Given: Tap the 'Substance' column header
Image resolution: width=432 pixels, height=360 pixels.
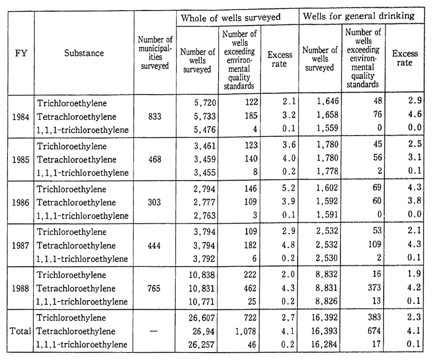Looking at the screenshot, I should tap(85, 53).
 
